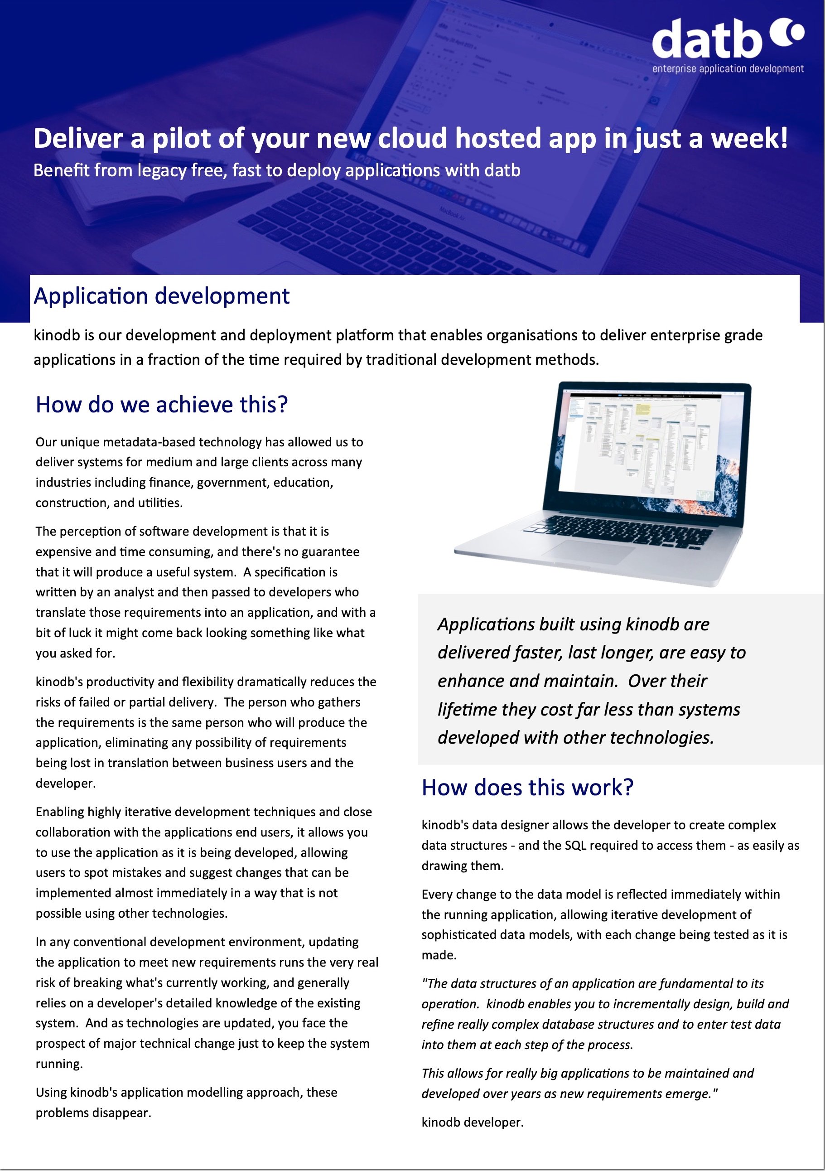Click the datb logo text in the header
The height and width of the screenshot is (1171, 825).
(x=707, y=39)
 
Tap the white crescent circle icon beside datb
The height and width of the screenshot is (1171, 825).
(x=788, y=32)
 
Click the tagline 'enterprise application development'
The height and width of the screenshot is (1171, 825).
(x=728, y=69)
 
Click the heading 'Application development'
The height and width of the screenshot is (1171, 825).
(x=162, y=296)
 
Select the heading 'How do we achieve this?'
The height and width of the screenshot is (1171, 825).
(x=162, y=404)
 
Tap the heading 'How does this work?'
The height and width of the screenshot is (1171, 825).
(x=527, y=788)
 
